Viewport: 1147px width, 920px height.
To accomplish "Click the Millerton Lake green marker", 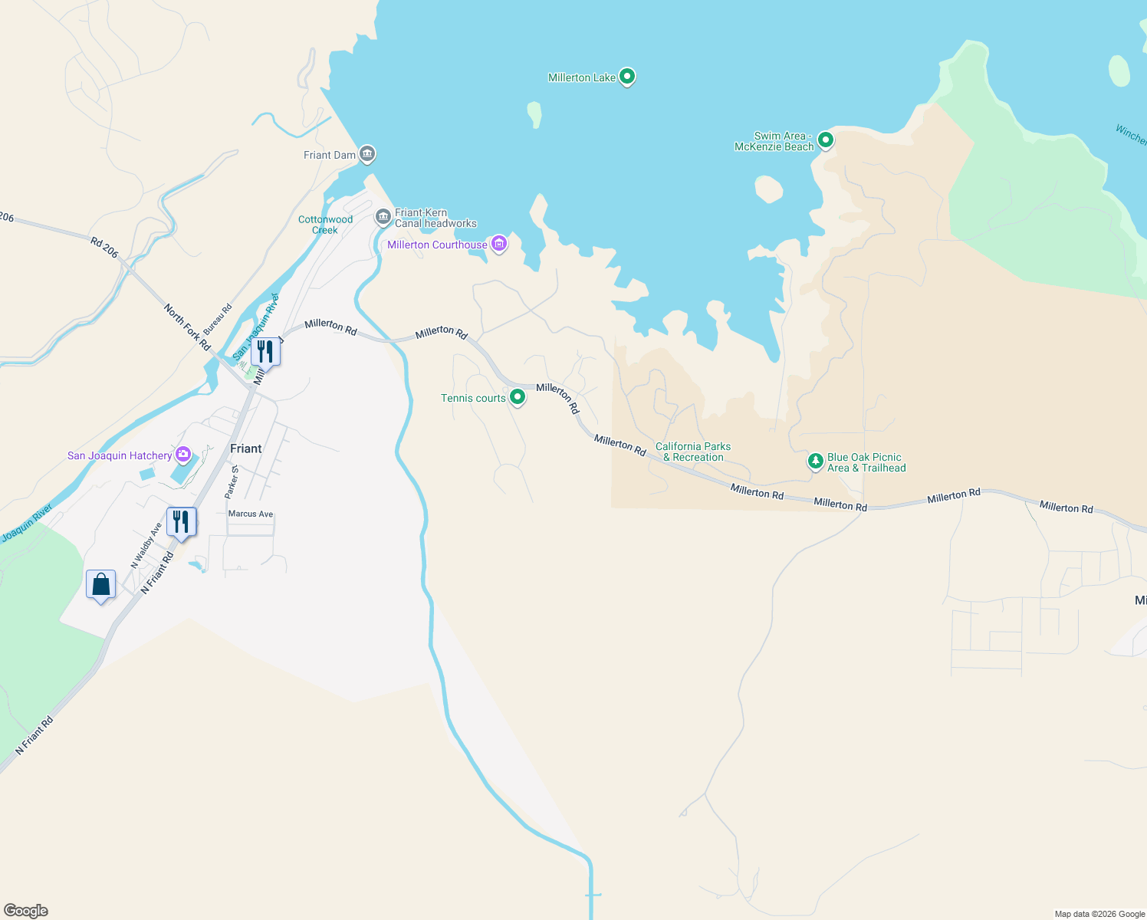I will click(627, 76).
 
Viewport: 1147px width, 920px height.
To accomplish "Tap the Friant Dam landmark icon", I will click(367, 154).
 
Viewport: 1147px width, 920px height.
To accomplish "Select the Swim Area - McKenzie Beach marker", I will click(825, 140).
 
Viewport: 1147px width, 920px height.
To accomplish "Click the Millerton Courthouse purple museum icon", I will click(499, 244).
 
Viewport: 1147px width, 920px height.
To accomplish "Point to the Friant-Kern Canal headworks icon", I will click(383, 217).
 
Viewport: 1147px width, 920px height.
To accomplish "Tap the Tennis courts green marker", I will click(518, 396).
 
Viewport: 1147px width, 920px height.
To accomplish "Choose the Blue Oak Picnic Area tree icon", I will click(816, 462).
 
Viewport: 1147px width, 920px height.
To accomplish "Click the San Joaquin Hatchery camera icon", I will click(183, 454).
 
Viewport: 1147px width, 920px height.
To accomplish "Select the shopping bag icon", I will click(101, 585).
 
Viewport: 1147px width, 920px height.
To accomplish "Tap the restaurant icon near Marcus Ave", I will click(181, 522).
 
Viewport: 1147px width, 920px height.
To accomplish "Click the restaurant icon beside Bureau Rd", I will click(265, 352).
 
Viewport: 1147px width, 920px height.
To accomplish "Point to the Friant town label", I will click(245, 449).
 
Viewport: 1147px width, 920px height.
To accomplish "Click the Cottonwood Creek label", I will click(325, 225).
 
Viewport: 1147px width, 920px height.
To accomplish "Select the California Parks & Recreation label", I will click(693, 452).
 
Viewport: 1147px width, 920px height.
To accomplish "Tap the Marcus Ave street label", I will click(251, 514).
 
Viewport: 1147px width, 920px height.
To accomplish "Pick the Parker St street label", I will click(232, 482).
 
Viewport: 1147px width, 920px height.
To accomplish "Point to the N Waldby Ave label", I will click(146, 545).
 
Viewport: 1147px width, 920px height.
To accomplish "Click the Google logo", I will click(26, 911).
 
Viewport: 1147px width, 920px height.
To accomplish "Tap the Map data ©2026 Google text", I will click(1099, 914).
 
